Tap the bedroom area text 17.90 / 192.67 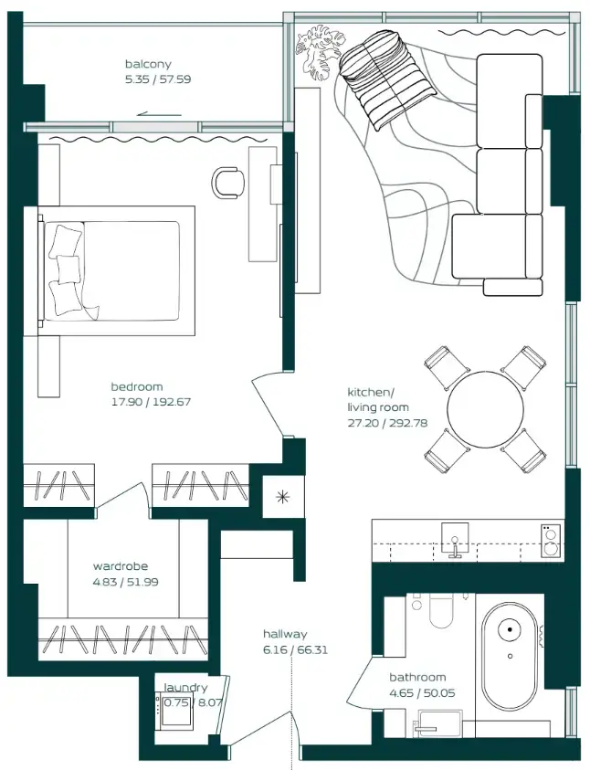[x=151, y=401]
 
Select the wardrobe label [x=120, y=566]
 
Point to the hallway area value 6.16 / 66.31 [x=285, y=650]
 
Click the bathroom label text [x=417, y=678]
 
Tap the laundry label [x=185, y=688]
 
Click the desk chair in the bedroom [x=228, y=182]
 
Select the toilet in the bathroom [x=440, y=613]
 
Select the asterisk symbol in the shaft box [x=281, y=498]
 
